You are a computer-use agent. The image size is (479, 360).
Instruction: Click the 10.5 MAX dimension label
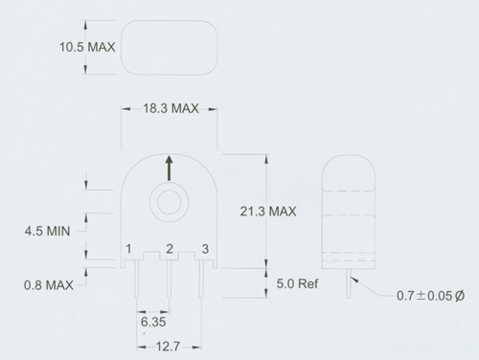pos(87,47)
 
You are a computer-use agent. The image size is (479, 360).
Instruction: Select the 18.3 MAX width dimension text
pos(171,108)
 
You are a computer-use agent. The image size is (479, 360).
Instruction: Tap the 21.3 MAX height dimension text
pos(268,212)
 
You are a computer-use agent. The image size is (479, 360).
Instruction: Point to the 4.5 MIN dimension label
pos(47,231)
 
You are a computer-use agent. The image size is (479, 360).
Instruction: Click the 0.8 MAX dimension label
pos(49,285)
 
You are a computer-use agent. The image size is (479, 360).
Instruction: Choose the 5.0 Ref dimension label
pos(297,283)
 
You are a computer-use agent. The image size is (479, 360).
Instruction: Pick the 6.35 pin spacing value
pos(153,322)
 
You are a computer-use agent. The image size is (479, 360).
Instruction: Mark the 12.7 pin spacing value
pos(169,347)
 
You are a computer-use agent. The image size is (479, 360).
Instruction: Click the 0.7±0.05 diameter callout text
pos(430,296)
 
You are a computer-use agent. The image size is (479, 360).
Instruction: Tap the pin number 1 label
pos(128,249)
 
